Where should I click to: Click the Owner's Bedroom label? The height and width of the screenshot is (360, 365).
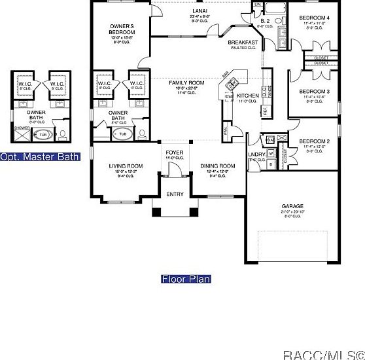(122, 29)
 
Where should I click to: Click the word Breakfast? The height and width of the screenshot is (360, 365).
(242, 43)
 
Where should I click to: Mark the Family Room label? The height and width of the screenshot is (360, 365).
(186, 82)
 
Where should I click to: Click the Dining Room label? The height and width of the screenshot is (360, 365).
(217, 166)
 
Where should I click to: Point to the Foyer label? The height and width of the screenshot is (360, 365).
(174, 153)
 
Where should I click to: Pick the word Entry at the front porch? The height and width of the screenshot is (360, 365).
(175, 194)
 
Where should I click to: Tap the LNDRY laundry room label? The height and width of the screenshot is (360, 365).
(256, 155)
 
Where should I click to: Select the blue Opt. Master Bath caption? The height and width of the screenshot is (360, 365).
(39, 157)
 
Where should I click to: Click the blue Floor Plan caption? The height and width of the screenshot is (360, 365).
(186, 279)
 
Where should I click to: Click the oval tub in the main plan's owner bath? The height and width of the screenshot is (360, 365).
(122, 134)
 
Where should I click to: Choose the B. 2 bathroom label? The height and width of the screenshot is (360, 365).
(265, 21)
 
